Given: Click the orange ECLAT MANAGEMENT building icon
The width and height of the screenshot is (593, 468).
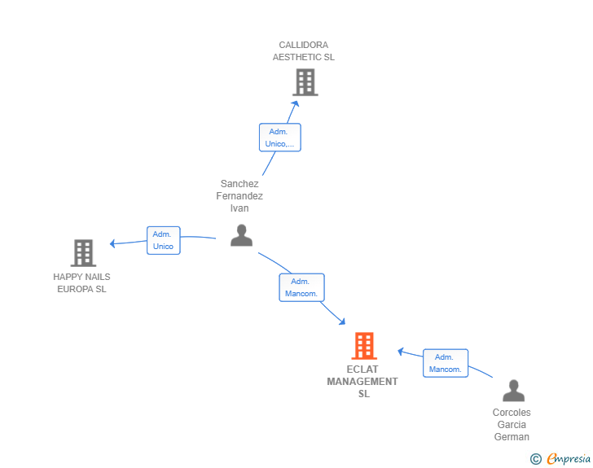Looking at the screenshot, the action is (x=364, y=346).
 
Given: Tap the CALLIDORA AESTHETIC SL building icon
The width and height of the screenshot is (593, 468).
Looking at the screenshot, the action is (x=305, y=82).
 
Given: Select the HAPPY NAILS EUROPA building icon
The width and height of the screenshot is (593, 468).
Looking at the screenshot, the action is (x=84, y=253).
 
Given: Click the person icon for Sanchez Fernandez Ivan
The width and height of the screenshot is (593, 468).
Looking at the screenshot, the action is (x=242, y=235).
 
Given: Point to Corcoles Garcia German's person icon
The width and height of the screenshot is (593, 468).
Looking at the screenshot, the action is (x=513, y=391).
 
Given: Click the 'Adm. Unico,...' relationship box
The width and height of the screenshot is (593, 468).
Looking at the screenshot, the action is (x=280, y=138).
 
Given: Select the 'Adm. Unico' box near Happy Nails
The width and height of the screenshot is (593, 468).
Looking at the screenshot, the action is (x=164, y=240).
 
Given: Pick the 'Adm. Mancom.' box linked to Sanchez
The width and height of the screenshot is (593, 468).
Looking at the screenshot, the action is (x=301, y=287).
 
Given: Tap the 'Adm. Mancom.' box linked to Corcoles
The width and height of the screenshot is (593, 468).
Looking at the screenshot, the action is (x=446, y=363).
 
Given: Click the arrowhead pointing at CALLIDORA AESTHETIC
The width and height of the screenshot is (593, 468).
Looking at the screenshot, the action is (x=296, y=103).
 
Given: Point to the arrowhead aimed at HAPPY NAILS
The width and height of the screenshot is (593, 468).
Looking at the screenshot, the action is (x=112, y=243).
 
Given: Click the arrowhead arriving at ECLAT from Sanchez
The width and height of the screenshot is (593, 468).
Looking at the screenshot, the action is (x=342, y=321).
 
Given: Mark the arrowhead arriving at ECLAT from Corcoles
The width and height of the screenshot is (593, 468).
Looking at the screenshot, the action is (x=401, y=351).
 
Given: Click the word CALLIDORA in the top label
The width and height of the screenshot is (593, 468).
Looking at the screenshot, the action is (x=303, y=45).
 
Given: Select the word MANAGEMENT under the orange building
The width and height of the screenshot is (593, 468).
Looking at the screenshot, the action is (x=362, y=382).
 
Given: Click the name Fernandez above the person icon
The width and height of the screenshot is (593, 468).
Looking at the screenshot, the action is (x=239, y=196).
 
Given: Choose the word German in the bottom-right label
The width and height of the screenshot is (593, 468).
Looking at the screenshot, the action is (x=512, y=436).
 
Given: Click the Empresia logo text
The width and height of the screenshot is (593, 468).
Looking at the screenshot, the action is (x=569, y=458).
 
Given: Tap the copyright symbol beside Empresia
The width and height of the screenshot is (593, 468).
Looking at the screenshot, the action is (x=535, y=459).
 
